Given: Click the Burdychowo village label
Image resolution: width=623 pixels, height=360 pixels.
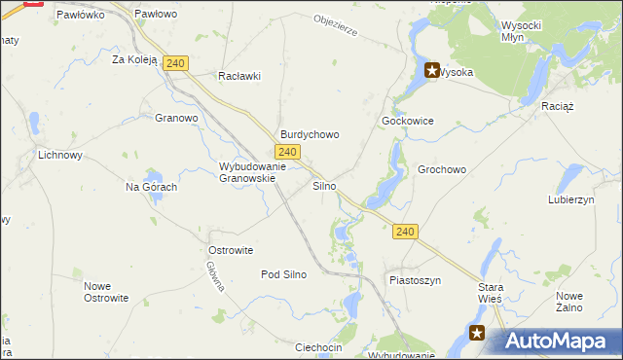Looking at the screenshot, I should pos(310,135).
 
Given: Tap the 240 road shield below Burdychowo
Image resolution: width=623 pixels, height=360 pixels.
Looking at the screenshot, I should pos(286,152).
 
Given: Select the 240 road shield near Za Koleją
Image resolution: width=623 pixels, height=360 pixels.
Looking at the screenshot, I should pos(175,63).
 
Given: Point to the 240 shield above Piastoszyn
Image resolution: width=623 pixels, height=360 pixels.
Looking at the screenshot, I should pos(406,232).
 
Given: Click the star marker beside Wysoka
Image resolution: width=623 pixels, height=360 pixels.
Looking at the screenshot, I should pos(431,71).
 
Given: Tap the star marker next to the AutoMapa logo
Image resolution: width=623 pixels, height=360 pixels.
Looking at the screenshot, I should pos(477,333).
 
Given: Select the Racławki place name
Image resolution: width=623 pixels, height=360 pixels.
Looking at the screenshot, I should pos(239,77).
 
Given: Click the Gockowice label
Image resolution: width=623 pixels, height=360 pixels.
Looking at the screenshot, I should pos(407,121).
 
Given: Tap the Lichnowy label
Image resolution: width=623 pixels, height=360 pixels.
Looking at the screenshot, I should pos(59,155).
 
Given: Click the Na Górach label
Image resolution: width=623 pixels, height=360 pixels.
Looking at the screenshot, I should pos(151,187).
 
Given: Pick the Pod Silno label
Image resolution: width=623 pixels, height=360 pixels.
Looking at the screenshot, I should pos(283,274).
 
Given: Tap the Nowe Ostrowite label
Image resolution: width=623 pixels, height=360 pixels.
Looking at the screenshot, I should pos(106,292).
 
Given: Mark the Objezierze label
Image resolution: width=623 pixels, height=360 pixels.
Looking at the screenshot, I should pos(337,25).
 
